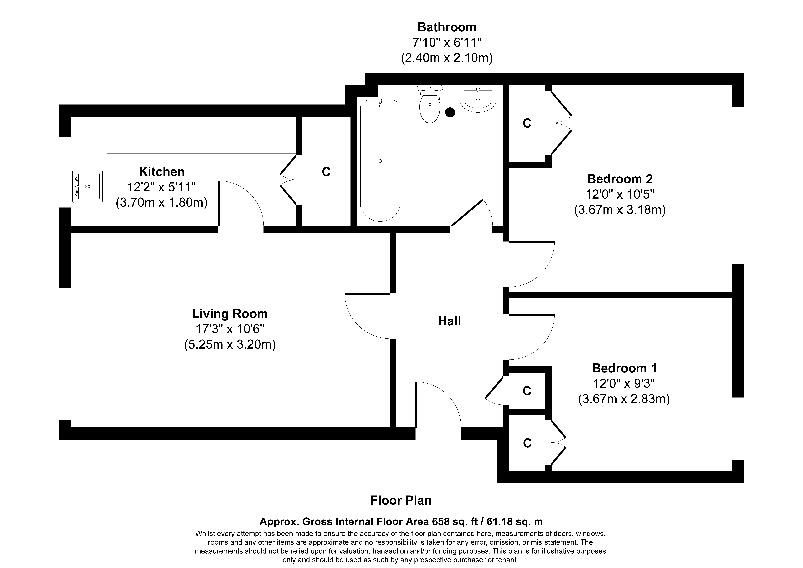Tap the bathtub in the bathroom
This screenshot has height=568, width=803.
[x=380, y=161]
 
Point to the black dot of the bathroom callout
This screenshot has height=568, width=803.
[x=450, y=112]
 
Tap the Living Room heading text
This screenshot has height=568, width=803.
[x=230, y=314]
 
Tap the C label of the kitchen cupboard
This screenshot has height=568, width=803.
[x=326, y=172]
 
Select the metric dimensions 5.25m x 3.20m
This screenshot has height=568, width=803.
[x=230, y=345]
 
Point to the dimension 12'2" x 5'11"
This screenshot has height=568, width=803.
[x=162, y=187]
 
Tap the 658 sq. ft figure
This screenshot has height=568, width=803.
[x=451, y=522]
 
